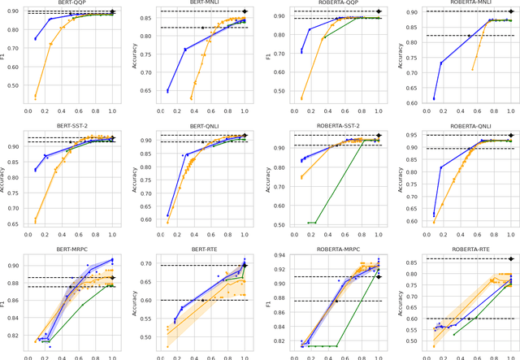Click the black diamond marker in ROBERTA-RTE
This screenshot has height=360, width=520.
[x=510, y=259]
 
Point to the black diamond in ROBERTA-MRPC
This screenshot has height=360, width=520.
[x=378, y=277]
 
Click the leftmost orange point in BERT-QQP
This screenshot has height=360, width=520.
[x=35, y=98]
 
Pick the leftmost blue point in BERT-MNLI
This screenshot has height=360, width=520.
[x=167, y=91]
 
